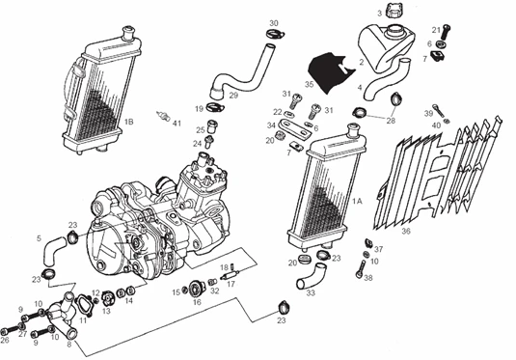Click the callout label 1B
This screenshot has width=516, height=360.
pyautogui.click(x=128, y=123)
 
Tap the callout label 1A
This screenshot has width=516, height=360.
pyautogui.click(x=357, y=201)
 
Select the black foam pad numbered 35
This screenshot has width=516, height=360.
pyautogui.click(x=325, y=69)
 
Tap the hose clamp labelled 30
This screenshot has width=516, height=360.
pyautogui.click(x=275, y=38)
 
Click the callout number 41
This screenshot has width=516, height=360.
pyautogui.click(x=177, y=124)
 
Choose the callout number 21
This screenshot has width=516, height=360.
pyautogui.click(x=435, y=29)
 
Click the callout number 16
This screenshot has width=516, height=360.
pyautogui.click(x=197, y=302)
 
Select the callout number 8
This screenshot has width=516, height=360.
pyautogui.click(x=68, y=344)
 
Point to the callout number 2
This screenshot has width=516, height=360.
pyautogui.click(x=360, y=63)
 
